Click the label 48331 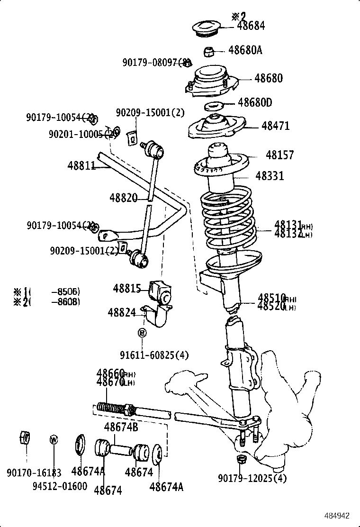(270, 176)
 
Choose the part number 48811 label (81, 165)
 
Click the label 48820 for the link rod (123, 197)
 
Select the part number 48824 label (122, 312)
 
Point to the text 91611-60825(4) (154, 355)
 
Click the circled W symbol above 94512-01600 (54, 439)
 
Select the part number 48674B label (121, 427)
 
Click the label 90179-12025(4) (252, 478)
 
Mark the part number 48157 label (279, 155)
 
